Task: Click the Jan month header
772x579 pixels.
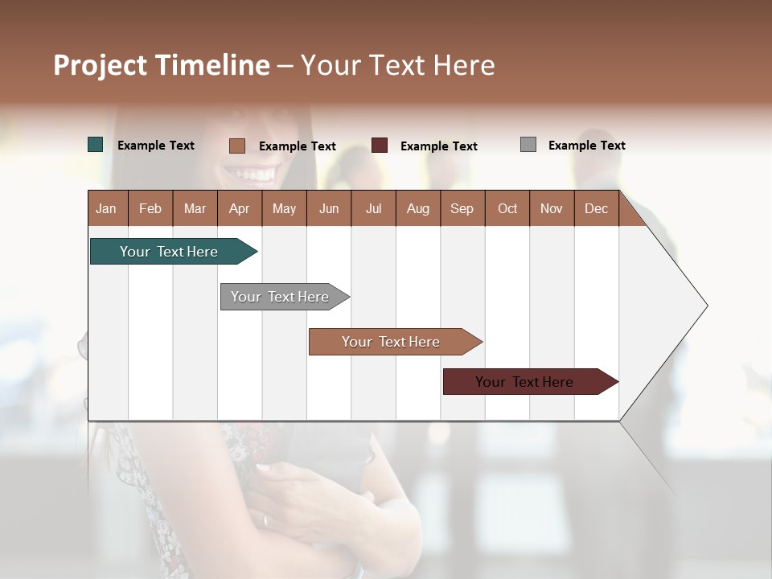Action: pos(107,208)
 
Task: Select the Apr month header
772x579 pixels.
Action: pos(240,208)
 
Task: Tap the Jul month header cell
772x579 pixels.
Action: pos(373,208)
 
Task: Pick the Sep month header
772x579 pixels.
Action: pos(462,208)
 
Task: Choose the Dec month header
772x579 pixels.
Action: pos(596,208)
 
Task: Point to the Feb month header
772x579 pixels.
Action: pos(150,208)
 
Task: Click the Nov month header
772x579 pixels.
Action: pos(551,208)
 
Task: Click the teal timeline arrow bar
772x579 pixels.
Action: pos(170,252)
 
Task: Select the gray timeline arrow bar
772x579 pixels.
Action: pos(281,297)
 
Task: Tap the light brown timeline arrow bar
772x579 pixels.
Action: pos(392,342)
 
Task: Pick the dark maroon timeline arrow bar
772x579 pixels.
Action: pos(525,382)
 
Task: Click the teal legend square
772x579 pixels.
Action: pos(96,145)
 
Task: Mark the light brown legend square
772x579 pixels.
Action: pos(237,146)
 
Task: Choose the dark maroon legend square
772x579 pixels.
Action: pos(380,146)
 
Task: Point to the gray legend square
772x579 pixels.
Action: pos(528,145)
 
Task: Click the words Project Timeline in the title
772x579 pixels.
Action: pos(162,65)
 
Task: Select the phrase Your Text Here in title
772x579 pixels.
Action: pos(398,65)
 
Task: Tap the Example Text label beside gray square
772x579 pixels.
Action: pos(586,146)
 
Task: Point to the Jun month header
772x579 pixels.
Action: pos(329,208)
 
